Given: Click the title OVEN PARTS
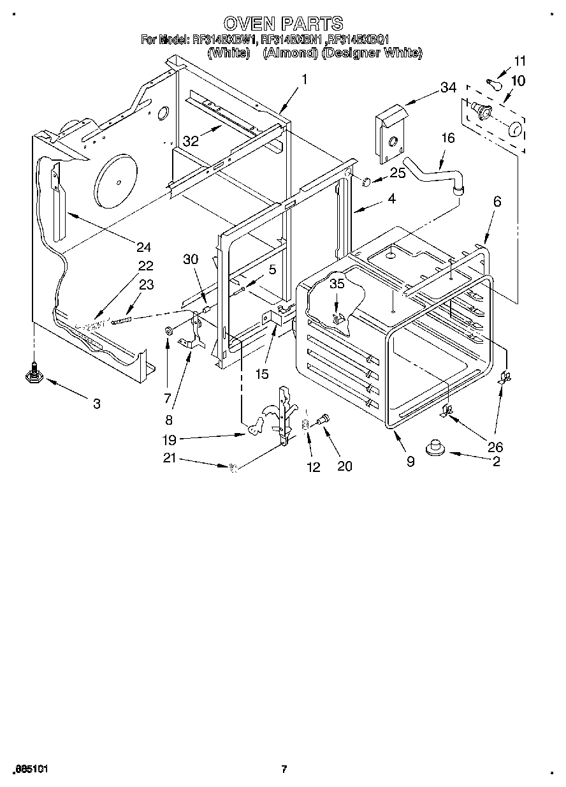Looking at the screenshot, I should pyautogui.click(x=284, y=24).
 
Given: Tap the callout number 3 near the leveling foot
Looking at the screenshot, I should pyautogui.click(x=96, y=404).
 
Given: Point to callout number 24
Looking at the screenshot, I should pyautogui.click(x=143, y=247).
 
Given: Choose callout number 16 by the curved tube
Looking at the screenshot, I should pyautogui.click(x=448, y=138).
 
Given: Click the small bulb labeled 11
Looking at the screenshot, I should pyautogui.click(x=493, y=83).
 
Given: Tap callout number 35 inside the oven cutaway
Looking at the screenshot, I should pyautogui.click(x=337, y=284).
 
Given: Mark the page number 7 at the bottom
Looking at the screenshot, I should pyautogui.click(x=284, y=769).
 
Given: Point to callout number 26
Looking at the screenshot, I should pyautogui.click(x=495, y=447).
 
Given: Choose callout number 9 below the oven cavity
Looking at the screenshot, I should pyautogui.click(x=410, y=461).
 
